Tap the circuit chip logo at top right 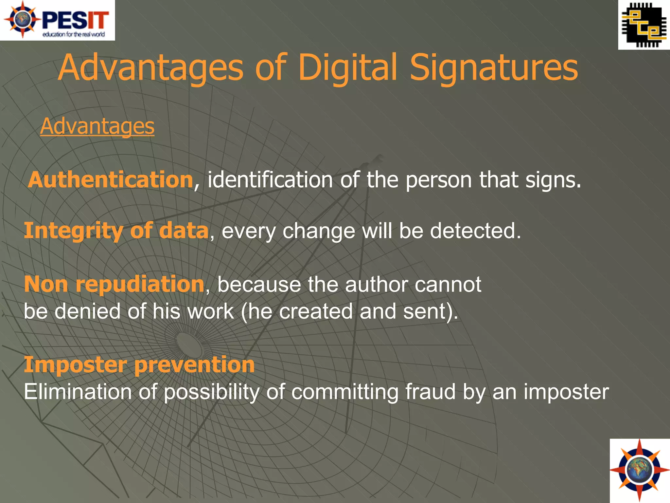tap(644, 25)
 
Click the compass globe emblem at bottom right tap(640, 470)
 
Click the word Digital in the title tap(347, 68)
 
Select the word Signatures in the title tap(494, 68)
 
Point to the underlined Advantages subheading tap(97, 126)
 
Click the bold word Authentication tap(111, 180)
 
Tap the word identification tap(270, 180)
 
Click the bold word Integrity tap(74, 231)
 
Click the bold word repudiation tap(140, 284)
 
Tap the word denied tap(87, 311)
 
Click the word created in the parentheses tap(316, 311)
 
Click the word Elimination tap(78, 392)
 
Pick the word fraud tap(430, 392)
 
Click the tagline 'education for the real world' tap(74, 34)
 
